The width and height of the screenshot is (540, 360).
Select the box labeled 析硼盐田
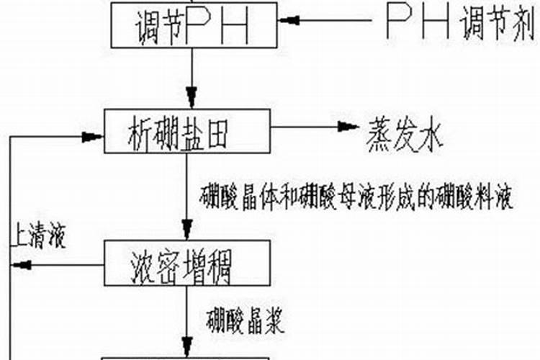(189, 132)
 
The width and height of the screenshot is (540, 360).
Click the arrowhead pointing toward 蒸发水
(349, 127)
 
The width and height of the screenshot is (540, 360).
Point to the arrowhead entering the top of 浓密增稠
(189, 232)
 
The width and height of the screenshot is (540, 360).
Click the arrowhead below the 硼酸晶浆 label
(189, 348)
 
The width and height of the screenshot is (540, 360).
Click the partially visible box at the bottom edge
(188, 357)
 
